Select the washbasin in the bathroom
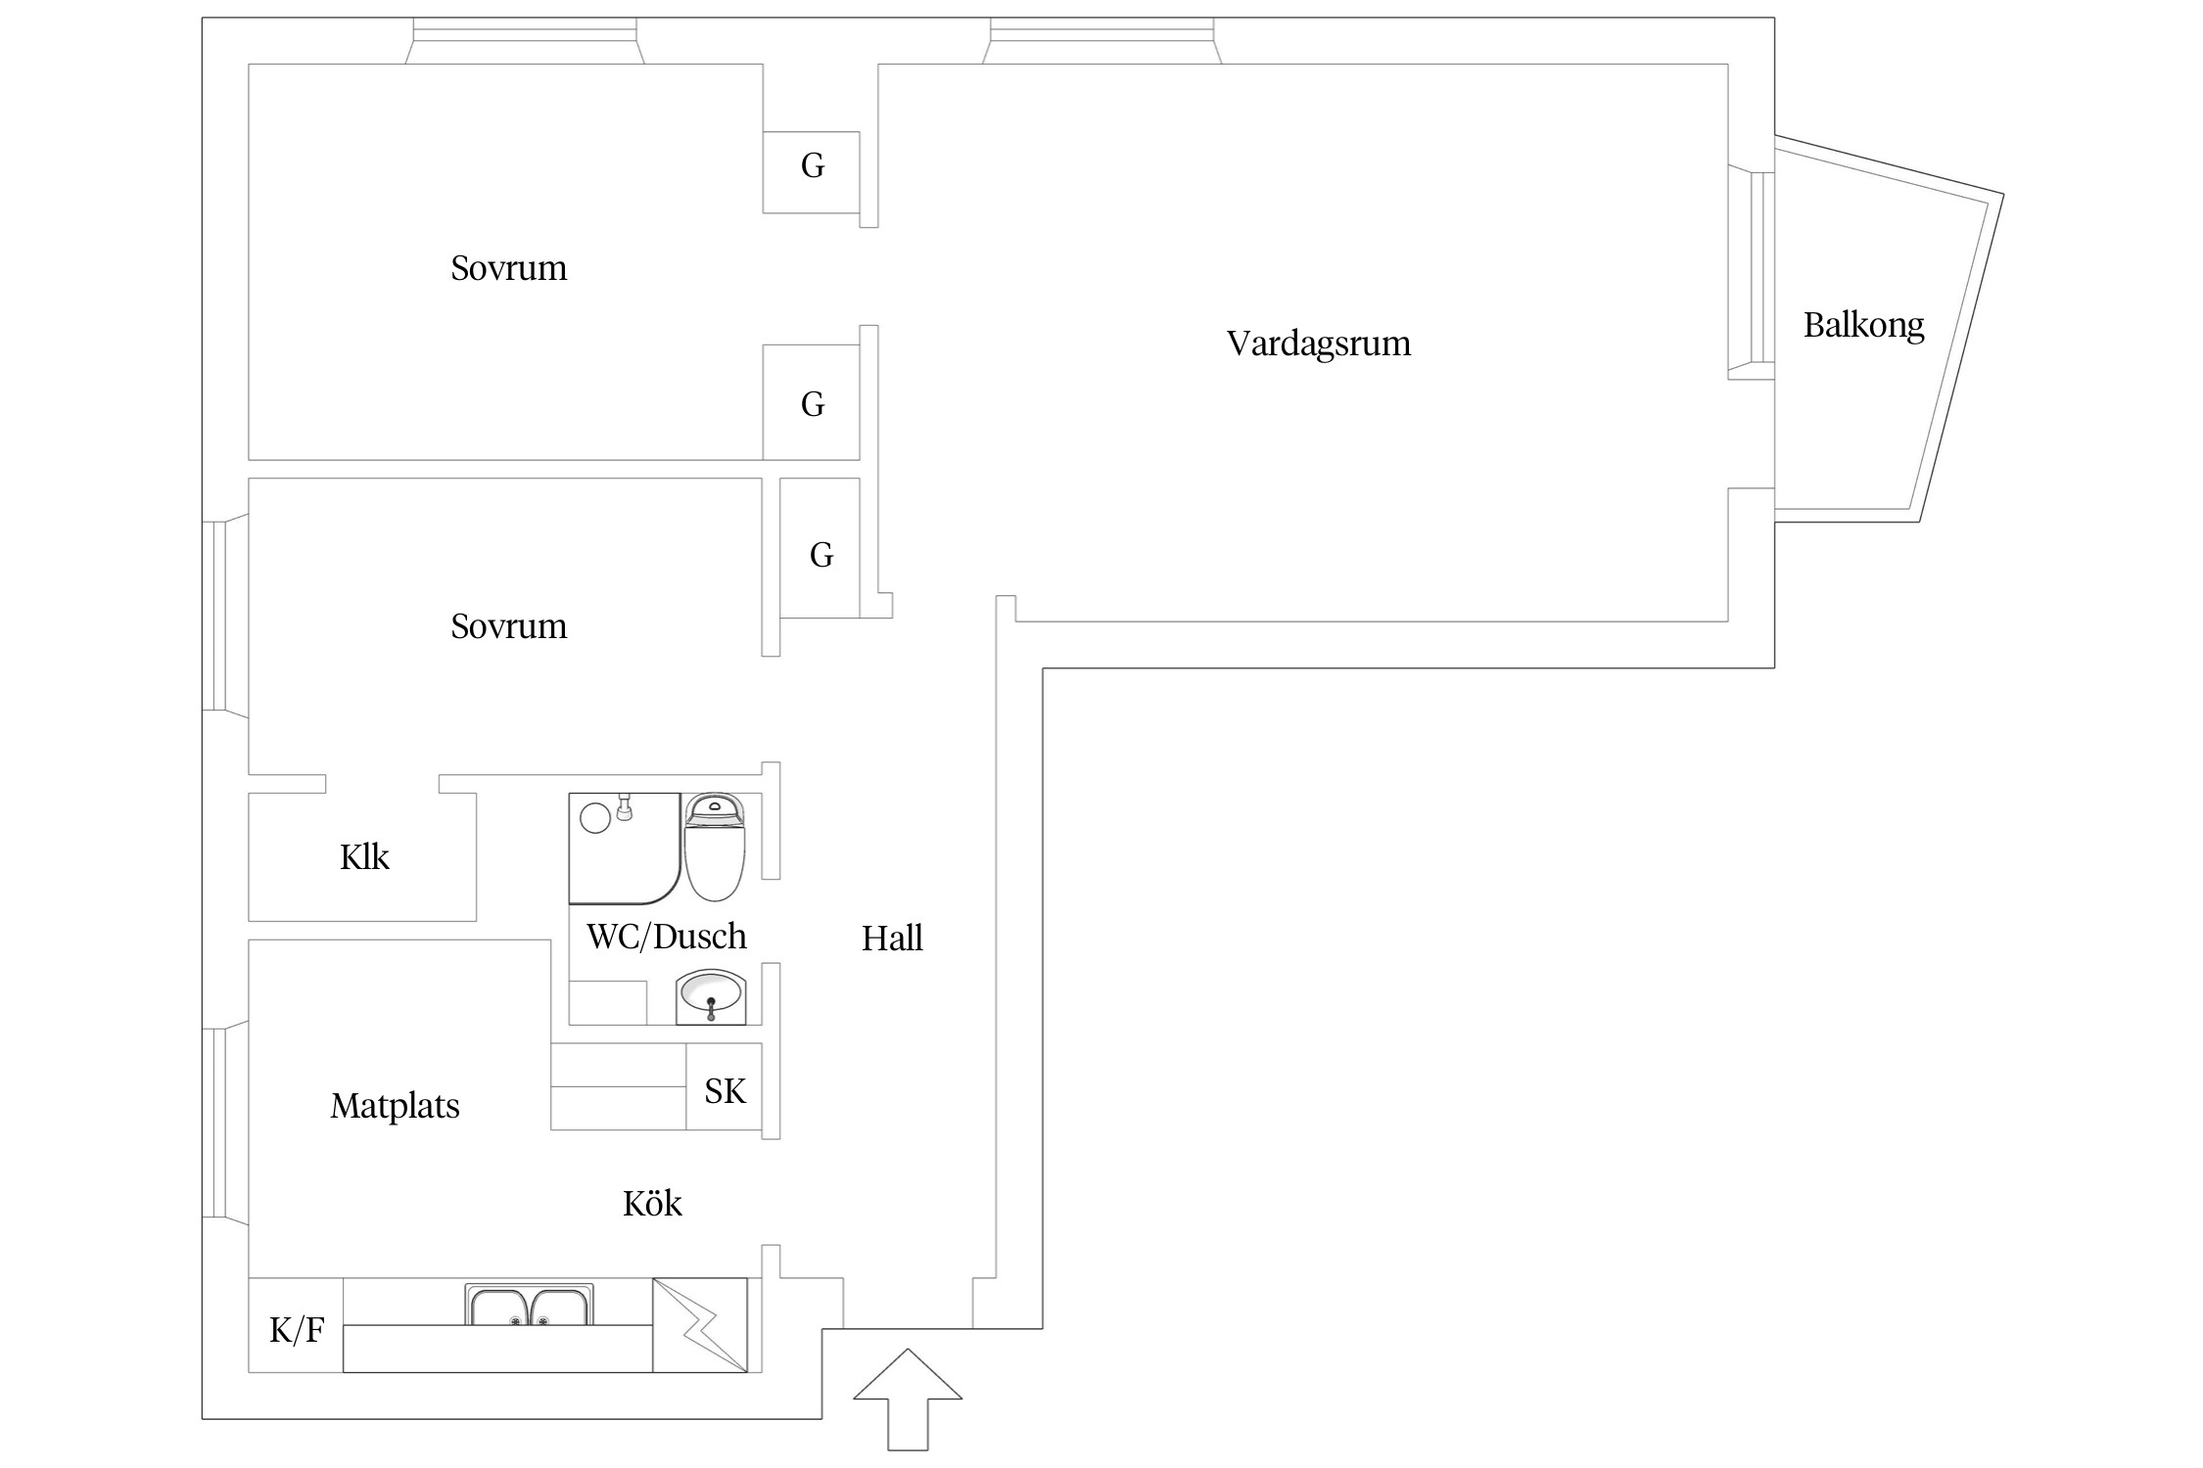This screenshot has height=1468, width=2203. (711, 997)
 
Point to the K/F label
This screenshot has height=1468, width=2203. (297, 1330)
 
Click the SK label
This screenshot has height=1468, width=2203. (725, 1091)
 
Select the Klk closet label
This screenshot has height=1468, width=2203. (364, 857)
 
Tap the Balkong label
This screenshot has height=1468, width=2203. (1863, 325)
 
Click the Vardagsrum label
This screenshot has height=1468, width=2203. (1318, 344)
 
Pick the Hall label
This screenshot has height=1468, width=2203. (892, 939)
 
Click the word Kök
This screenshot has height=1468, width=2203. (652, 1203)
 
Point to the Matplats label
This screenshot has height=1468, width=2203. (395, 1106)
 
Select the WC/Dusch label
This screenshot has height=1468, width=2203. (666, 937)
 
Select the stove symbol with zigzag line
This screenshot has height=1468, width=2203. (700, 1325)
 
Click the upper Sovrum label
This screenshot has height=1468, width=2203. (508, 268)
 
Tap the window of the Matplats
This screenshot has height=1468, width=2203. (215, 1123)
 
